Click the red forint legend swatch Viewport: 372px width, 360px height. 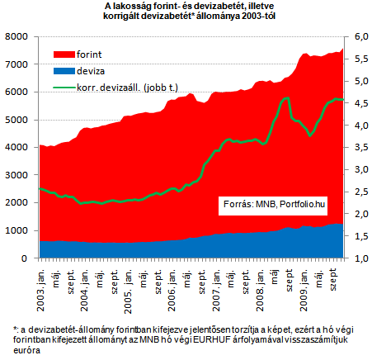click(64, 54)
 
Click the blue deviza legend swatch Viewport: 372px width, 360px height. click(64, 71)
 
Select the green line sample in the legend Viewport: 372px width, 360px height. click(64, 88)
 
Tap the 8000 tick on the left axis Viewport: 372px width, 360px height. click(16, 36)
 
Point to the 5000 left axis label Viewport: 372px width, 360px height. click(16, 120)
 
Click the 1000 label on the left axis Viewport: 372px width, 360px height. click(16, 230)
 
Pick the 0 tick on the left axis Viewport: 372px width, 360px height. click(25, 258)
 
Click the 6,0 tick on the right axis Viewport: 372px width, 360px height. click(361, 36)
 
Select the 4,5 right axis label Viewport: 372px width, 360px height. click(361, 103)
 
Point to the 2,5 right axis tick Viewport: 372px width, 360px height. click(361, 192)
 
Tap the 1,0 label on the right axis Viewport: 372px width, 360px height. click(361, 258)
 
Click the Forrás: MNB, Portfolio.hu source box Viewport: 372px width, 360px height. click(273, 206)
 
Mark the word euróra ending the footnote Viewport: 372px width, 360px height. click(26, 350)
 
